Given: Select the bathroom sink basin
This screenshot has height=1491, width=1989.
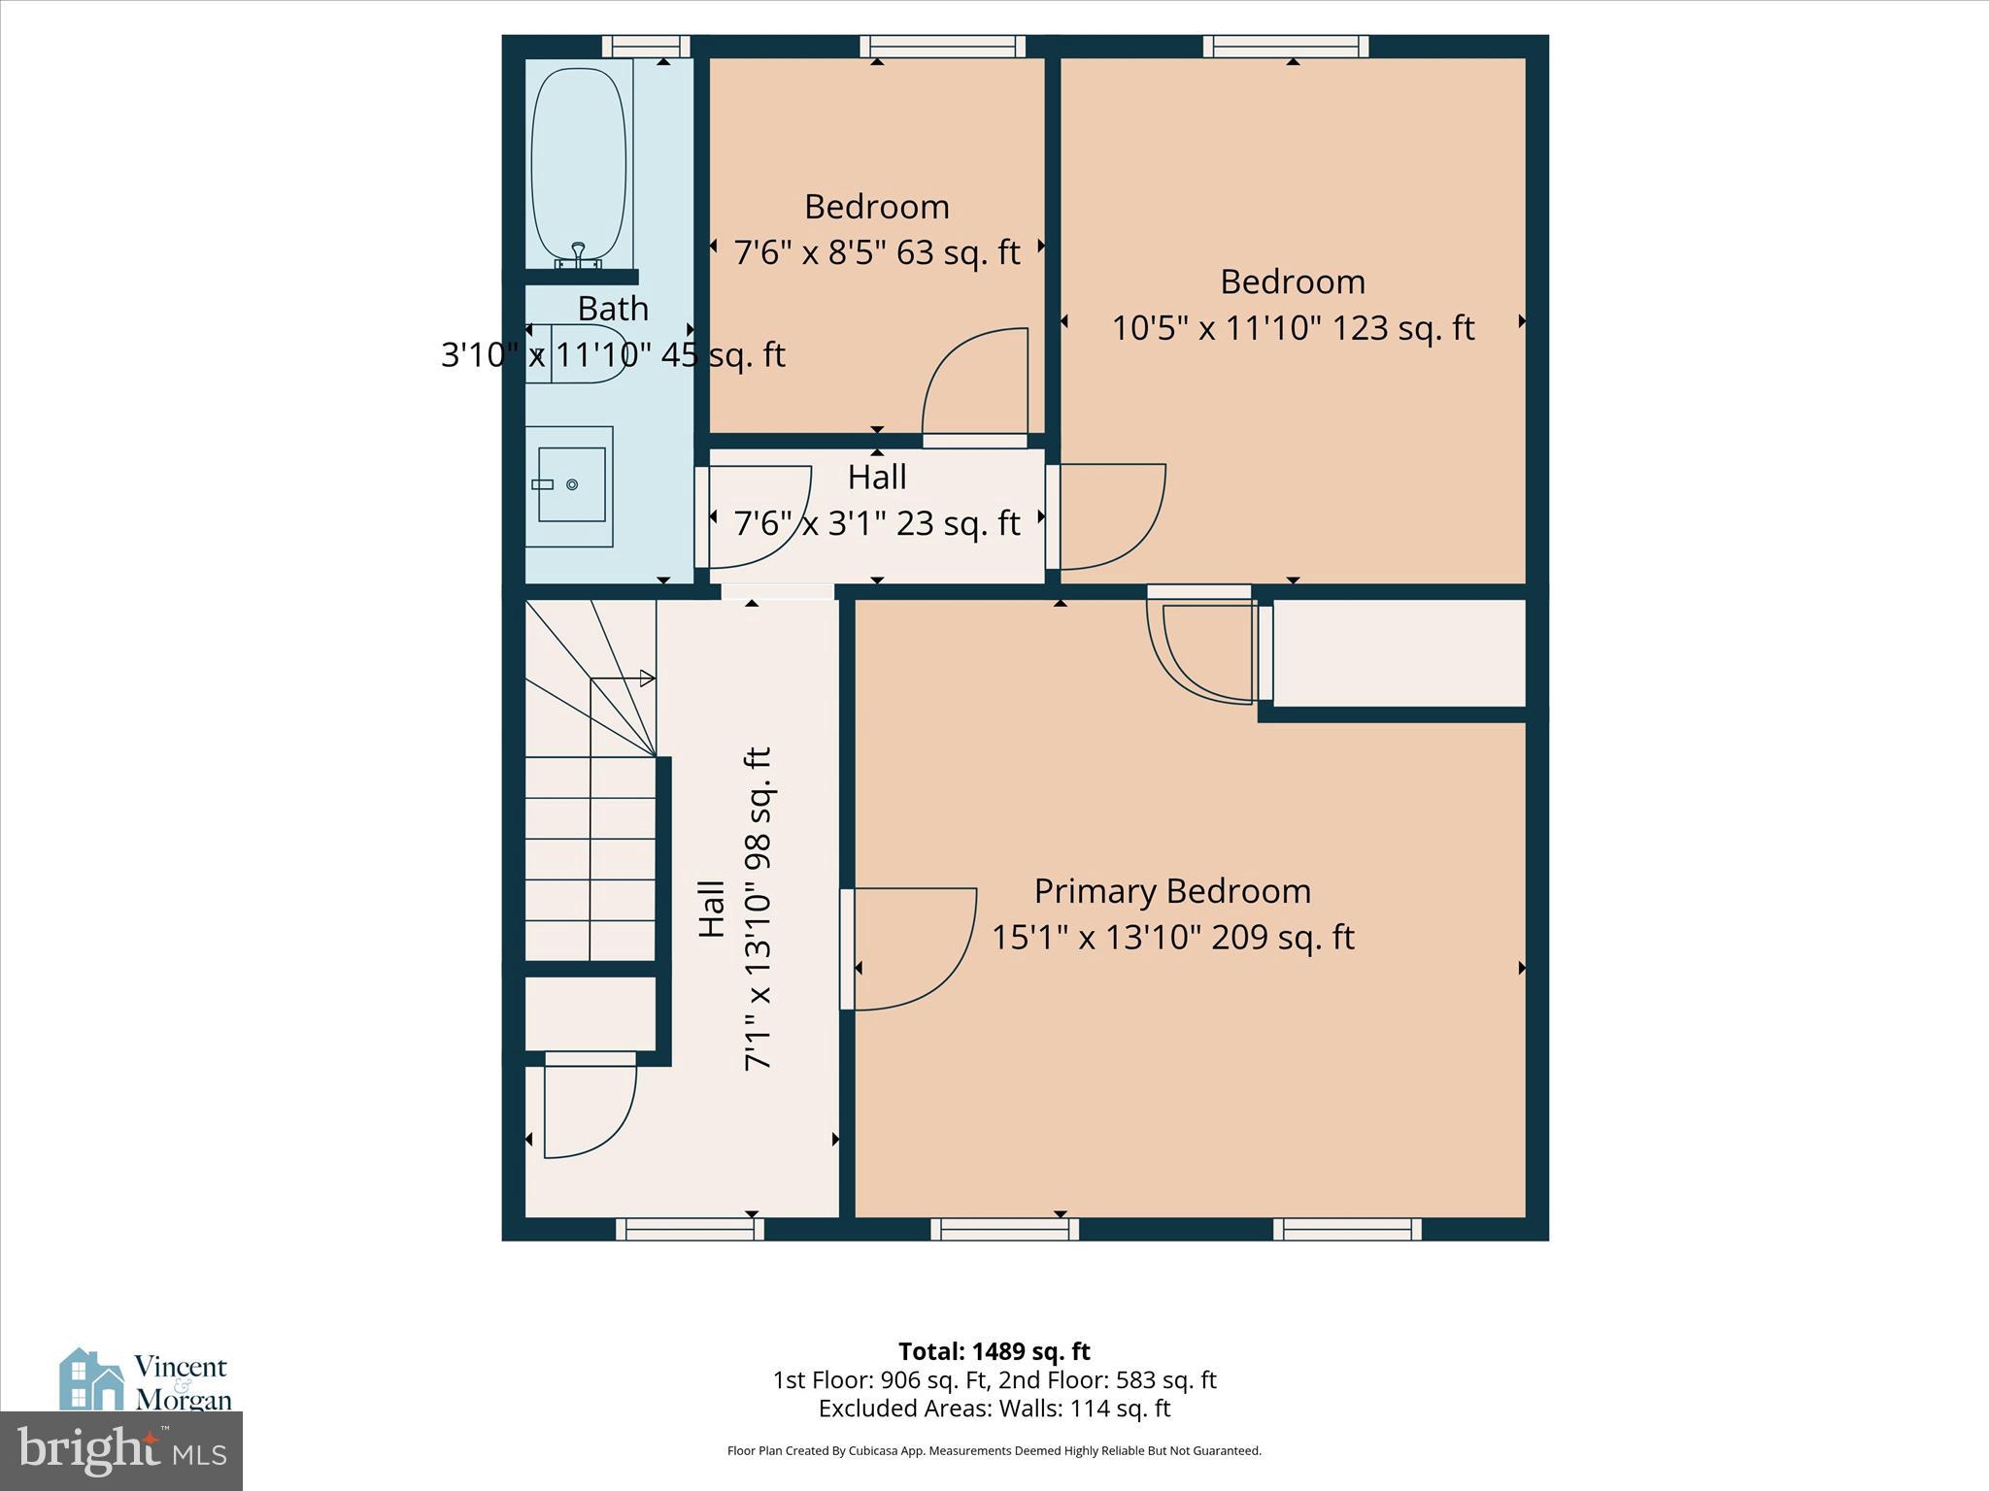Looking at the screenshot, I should click(571, 483).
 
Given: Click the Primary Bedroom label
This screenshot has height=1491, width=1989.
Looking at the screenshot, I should click(1172, 891).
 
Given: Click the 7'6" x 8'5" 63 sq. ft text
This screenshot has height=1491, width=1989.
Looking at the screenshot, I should click(876, 253).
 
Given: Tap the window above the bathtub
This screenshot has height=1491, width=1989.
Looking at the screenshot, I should click(645, 47).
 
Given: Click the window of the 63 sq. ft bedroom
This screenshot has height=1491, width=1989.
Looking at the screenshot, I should click(942, 47).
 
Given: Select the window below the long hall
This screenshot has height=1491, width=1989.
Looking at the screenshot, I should click(690, 1229).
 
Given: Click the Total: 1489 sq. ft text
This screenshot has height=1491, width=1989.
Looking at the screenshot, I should click(994, 1351).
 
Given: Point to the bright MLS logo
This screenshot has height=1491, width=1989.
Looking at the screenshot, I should click(120, 1450).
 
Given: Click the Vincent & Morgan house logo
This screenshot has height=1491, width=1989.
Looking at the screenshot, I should click(93, 1378).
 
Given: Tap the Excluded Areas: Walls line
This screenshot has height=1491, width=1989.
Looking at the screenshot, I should click(994, 1408).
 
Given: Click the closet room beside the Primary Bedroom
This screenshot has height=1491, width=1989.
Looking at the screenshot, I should click(1399, 653).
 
